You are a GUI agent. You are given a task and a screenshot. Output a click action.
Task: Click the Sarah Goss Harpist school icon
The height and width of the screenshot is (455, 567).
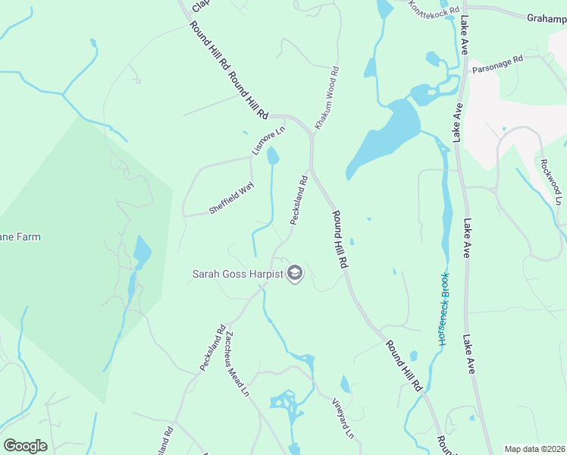295,274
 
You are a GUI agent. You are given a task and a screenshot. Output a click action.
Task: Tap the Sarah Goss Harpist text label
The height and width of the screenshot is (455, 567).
237,275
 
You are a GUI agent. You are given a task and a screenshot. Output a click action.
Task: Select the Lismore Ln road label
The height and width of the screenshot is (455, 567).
269,141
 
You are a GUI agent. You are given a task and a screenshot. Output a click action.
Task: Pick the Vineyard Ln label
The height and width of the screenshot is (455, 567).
343,418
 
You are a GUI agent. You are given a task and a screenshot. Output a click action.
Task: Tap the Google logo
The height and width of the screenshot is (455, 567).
25,446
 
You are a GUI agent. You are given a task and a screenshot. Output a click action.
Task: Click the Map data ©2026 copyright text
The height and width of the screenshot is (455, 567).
534,449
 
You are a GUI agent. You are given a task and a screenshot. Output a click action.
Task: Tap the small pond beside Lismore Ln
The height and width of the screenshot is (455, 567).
273,156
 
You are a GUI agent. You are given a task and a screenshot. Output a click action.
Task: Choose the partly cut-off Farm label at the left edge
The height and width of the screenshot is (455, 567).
20,237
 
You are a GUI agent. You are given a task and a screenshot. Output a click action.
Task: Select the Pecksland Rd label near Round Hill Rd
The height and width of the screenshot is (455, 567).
299,200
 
